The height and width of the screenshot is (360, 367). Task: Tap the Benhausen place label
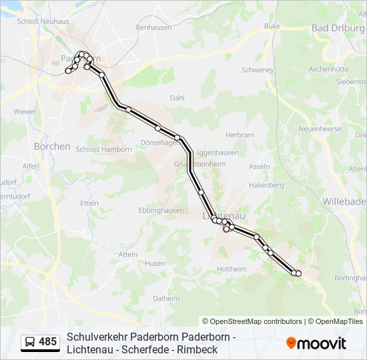tap(153, 28)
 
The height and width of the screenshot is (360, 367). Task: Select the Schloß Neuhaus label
tap(39, 22)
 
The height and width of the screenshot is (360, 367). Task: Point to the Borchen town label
tap(52, 146)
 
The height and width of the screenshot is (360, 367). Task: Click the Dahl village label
tap(177, 97)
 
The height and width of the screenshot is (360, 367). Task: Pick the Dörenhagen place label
tap(157, 143)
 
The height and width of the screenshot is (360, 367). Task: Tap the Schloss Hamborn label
tap(104, 149)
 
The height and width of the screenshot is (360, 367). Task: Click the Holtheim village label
tap(232, 269)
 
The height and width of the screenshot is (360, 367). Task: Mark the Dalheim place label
tap(167, 299)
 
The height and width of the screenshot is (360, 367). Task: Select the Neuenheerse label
tap(320, 129)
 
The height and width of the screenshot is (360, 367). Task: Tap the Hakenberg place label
tap(266, 185)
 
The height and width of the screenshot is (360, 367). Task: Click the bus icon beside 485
tap(30, 342)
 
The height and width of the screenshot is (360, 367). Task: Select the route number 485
tap(48, 342)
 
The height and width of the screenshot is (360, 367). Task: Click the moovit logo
tap(316, 343)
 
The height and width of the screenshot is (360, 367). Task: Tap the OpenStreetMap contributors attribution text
tap(252, 321)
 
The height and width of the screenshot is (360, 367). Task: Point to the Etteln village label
tap(89, 203)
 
